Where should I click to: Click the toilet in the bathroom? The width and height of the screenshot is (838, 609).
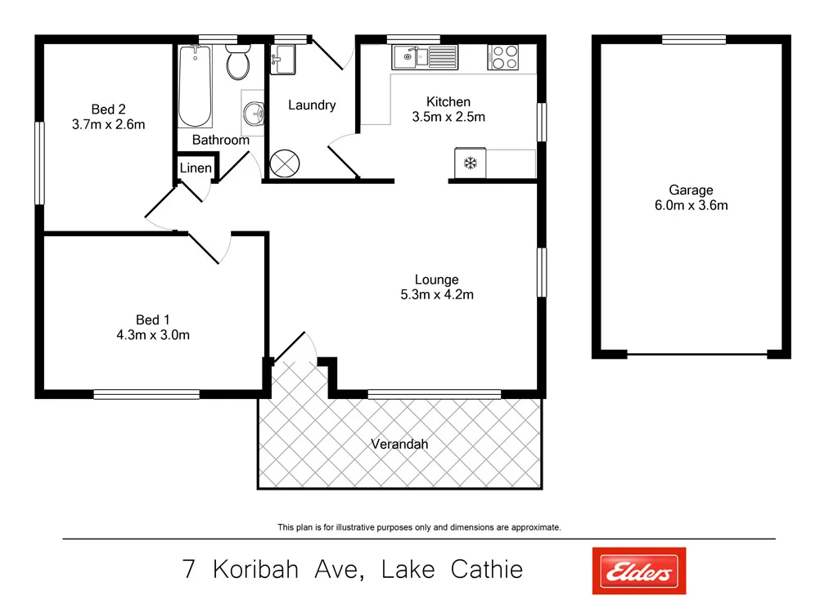click(237, 63)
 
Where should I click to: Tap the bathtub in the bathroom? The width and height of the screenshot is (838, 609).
click(195, 86)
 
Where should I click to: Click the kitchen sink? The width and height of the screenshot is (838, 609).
click(426, 57)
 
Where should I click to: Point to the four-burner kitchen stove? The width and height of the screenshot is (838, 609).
click(503, 57)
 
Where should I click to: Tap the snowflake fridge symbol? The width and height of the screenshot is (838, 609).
click(471, 163)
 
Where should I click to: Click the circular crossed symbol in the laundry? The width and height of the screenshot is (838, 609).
click(286, 162)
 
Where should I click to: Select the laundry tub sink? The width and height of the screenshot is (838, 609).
click(283, 59)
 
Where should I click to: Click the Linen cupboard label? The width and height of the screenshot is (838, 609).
click(196, 168)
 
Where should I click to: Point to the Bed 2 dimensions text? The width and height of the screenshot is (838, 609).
click(108, 125)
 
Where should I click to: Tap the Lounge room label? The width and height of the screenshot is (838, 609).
click(436, 280)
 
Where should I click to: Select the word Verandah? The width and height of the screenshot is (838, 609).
click(399, 444)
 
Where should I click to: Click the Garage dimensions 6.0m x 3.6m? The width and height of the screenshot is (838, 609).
click(691, 205)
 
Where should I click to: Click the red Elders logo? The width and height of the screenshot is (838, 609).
click(638, 570)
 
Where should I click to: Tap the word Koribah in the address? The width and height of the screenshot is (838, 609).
click(258, 569)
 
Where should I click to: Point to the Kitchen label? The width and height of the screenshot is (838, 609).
click(448, 101)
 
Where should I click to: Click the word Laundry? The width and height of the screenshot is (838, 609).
click(312, 105)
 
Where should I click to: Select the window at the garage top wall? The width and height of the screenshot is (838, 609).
click(694, 39)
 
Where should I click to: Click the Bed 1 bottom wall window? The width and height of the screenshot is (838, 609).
click(146, 394)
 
